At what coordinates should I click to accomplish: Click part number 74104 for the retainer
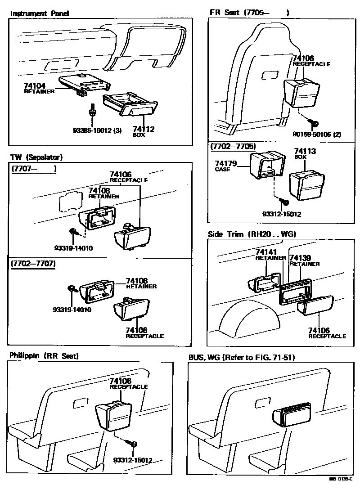click(x=35, y=85)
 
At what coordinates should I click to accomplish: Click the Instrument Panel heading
click(x=40, y=13)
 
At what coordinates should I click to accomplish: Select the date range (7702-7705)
click(x=233, y=147)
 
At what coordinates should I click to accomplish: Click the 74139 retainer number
click(x=300, y=258)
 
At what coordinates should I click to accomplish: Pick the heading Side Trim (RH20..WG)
click(x=252, y=234)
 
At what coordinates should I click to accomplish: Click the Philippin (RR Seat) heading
click(x=44, y=356)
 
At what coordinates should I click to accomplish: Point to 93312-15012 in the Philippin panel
click(x=133, y=460)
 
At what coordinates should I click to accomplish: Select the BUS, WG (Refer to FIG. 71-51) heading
click(x=241, y=357)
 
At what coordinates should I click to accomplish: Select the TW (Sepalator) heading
click(x=36, y=157)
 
